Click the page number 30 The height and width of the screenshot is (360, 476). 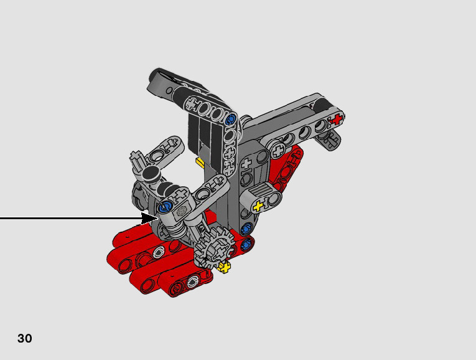[x=25, y=338]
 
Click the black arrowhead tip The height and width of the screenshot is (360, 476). [x=158, y=218]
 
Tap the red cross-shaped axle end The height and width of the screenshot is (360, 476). [x=337, y=119]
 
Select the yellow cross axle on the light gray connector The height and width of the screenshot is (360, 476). [x=258, y=206]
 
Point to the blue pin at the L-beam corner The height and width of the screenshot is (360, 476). [x=231, y=118]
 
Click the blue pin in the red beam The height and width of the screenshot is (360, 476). [x=248, y=244]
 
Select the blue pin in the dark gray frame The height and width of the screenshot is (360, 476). [x=246, y=228]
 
